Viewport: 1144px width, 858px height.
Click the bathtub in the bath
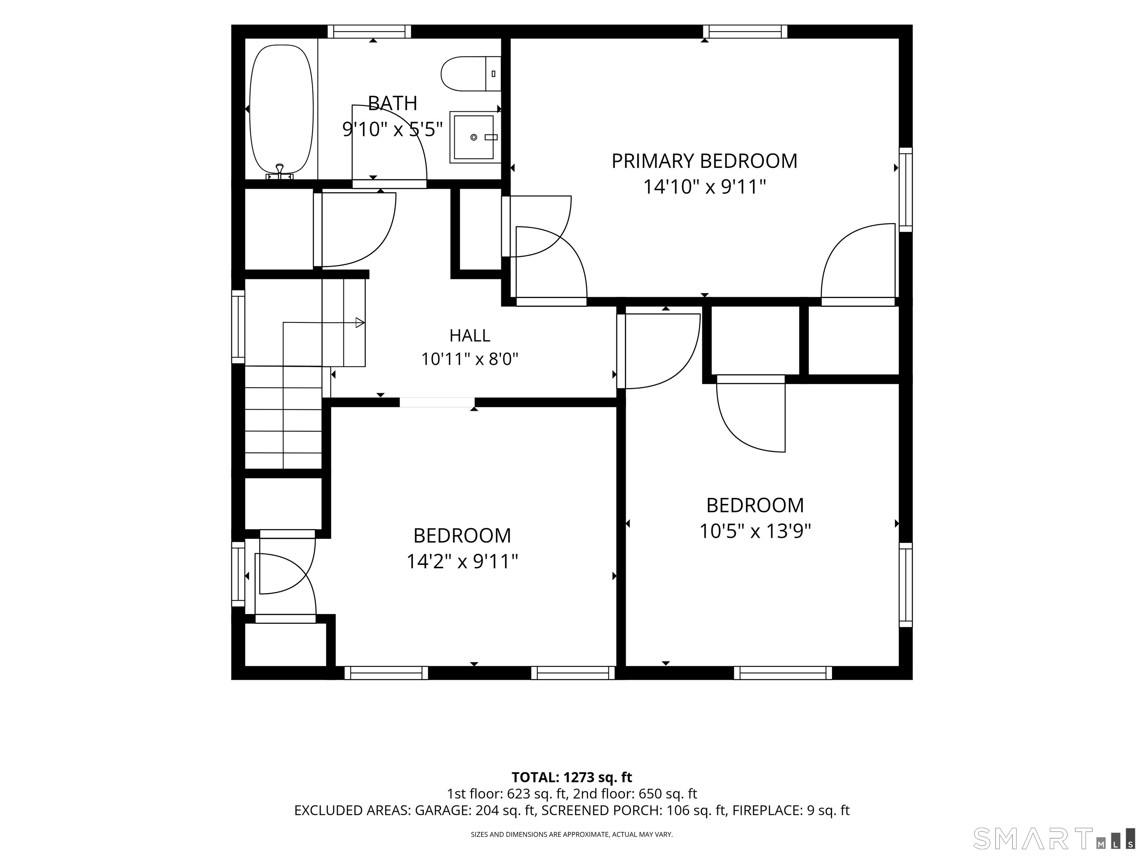(x=282, y=109)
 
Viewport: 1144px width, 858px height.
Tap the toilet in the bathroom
(x=471, y=73)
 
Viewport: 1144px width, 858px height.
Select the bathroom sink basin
(x=474, y=137)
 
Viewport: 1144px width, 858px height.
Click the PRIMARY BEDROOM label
(x=705, y=161)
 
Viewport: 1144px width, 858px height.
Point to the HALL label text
(x=470, y=336)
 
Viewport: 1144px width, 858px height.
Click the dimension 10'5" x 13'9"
(x=755, y=531)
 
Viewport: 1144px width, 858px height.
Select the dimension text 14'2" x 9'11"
(x=463, y=561)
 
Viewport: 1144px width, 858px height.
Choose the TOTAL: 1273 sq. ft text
(x=572, y=777)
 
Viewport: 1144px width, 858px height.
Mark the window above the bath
(x=369, y=32)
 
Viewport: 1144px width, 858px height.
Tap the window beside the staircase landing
(x=238, y=326)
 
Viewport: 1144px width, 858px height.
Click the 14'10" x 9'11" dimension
(x=705, y=187)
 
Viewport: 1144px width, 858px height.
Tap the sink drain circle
(x=473, y=137)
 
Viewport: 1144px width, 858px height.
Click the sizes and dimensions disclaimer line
(x=572, y=834)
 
